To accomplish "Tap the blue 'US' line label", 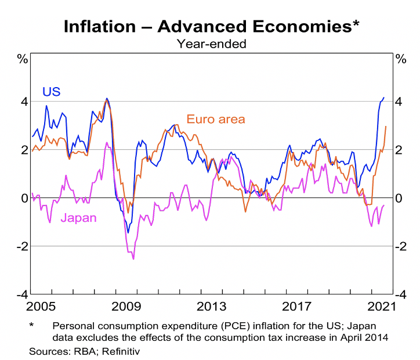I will point(51,91).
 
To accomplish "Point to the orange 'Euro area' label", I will point(216,119).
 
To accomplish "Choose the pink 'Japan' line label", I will point(79,218).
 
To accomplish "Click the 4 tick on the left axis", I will point(24,102).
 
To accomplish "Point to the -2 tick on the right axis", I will point(399,246).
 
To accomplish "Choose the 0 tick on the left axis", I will point(24,198).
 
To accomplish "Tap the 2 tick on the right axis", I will point(399,150).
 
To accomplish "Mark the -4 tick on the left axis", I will point(22,294).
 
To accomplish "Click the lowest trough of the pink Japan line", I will point(133,259).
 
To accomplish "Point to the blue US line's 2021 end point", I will point(383,98).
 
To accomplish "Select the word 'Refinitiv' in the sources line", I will point(121,351).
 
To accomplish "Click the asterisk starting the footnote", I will point(32,326).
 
